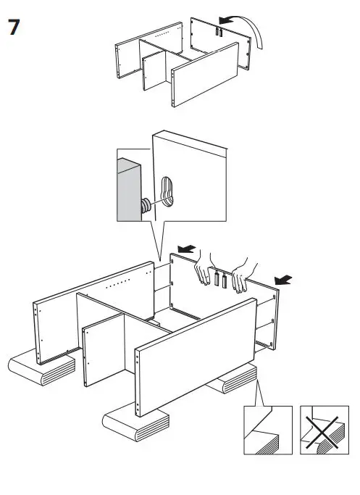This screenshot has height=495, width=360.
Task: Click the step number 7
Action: coord(14,28)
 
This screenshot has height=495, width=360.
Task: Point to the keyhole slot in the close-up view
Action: coord(167,192)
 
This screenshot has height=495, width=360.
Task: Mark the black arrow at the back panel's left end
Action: coord(187,249)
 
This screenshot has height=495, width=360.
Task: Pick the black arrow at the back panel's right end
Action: coord(283,278)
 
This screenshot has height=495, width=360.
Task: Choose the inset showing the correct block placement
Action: coord(267,430)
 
